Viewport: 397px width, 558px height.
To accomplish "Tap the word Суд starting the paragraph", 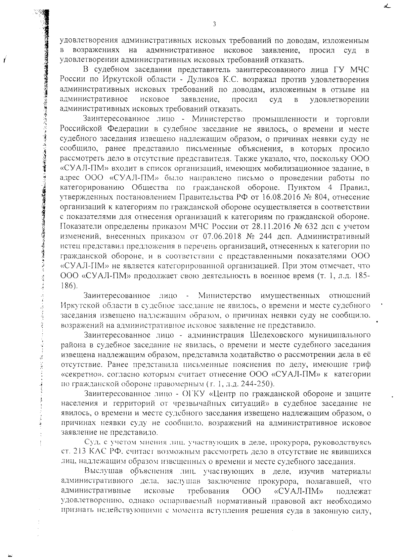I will [x=90, y=442].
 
